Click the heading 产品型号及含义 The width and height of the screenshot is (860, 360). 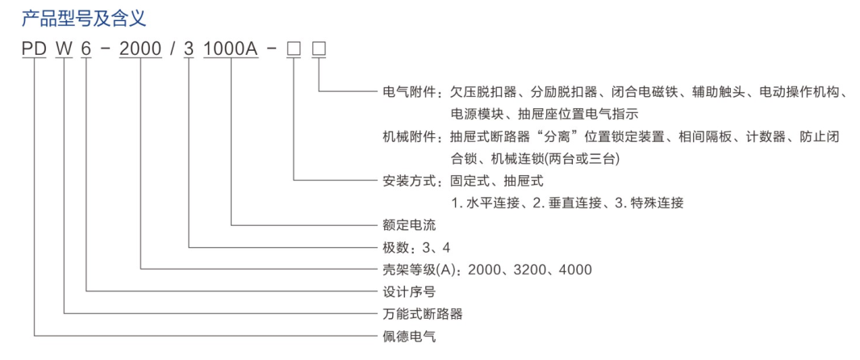84,20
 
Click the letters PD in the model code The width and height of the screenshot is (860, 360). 34,49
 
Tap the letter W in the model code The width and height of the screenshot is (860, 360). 65,49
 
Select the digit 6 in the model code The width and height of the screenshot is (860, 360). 86,49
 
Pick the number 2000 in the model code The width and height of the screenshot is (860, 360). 141,49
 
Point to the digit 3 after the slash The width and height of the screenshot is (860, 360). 190,49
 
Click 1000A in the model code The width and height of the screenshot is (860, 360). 231,49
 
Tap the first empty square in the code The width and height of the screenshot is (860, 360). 294,49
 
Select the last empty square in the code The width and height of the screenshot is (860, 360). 319,49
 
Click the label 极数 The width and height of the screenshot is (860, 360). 395,248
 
